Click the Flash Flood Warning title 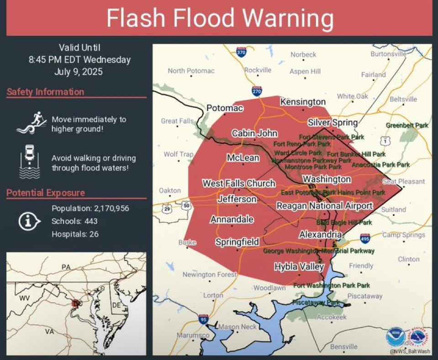[x=219, y=19]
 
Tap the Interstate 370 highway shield [x=241, y=52]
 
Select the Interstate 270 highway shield [x=257, y=91]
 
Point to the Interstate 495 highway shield [x=364, y=238]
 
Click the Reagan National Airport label [x=324, y=206]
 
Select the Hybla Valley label [x=299, y=266]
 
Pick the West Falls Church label [x=239, y=183]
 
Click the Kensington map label [x=303, y=102]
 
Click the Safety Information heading [x=45, y=92]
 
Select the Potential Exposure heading [x=45, y=193]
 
